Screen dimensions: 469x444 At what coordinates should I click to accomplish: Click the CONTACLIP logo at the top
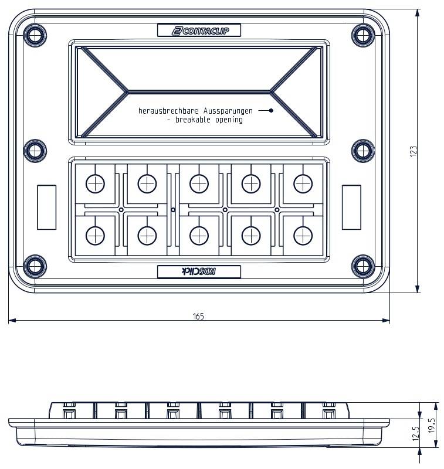(199, 30)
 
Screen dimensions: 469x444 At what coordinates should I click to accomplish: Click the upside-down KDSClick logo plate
(199, 271)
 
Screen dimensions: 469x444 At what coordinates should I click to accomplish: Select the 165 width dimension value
(198, 316)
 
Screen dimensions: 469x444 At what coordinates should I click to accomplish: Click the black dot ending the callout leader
(271, 110)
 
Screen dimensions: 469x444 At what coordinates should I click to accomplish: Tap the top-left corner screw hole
(35, 35)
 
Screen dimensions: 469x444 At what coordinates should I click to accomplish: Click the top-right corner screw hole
(362, 35)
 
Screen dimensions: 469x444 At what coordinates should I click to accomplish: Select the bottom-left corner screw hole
(35, 266)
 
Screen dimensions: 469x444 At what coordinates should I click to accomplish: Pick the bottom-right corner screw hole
(362, 266)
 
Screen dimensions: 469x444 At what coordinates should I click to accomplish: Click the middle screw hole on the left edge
(35, 151)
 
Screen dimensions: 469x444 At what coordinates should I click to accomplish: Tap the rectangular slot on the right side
(351, 206)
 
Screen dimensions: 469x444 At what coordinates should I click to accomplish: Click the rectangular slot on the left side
(46, 206)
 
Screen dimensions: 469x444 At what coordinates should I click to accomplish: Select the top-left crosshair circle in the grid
(94, 184)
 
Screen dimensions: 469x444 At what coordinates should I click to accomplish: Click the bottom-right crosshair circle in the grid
(303, 235)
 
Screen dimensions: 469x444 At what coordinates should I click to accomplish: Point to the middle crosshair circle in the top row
(199, 184)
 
